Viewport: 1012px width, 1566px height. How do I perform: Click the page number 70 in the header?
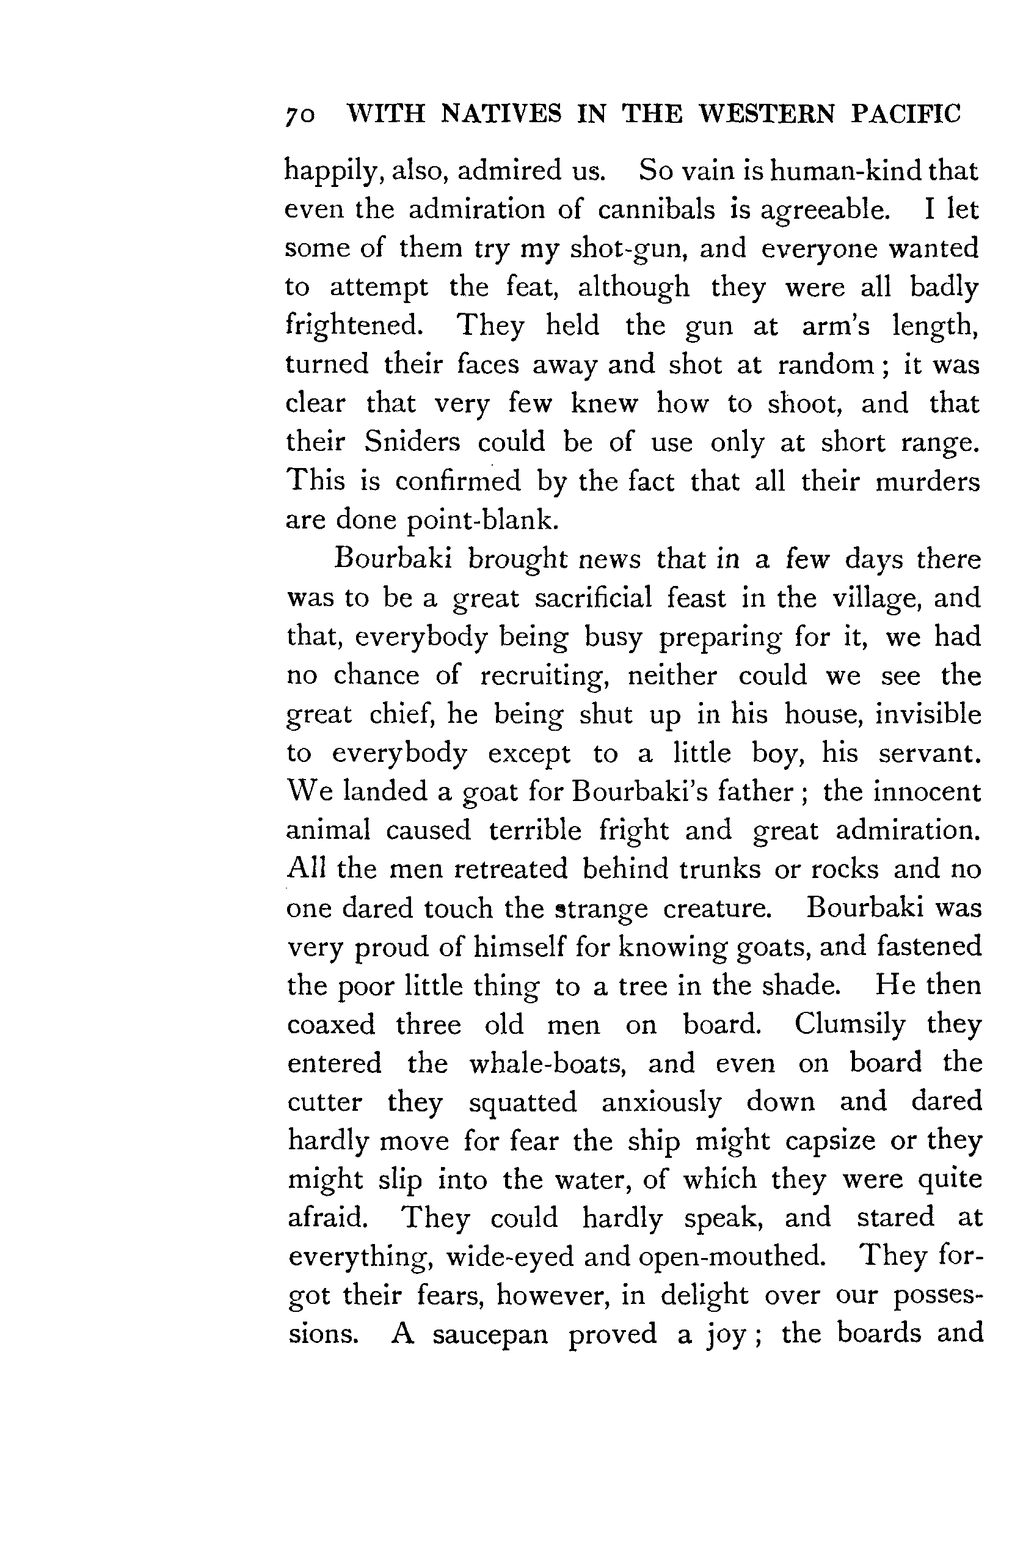click(x=300, y=115)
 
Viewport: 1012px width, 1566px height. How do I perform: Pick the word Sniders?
click(x=412, y=442)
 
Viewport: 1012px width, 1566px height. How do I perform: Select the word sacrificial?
click(x=593, y=598)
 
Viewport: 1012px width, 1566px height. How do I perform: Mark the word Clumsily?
click(x=850, y=1024)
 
